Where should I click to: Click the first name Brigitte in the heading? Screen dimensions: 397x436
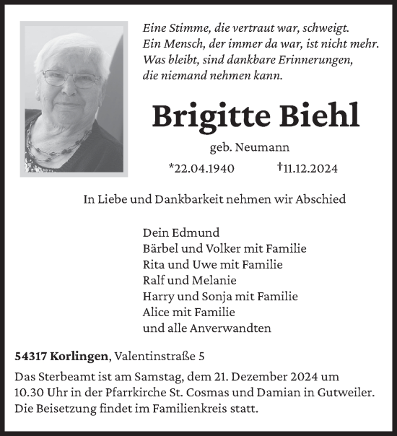(211, 115)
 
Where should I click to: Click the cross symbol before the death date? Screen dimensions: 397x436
(279, 167)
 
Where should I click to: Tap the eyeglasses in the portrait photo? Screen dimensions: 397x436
(70, 79)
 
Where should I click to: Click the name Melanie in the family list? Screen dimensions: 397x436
(215, 280)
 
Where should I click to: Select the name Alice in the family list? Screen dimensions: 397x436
(157, 312)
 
